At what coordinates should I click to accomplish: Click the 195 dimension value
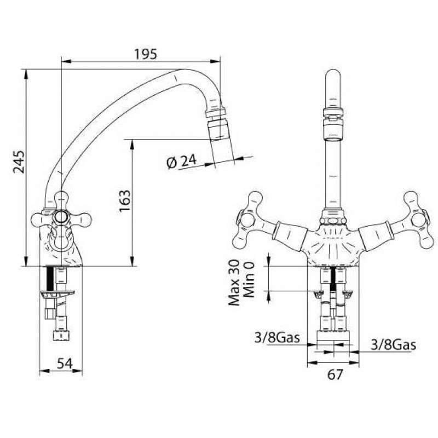tap(146, 54)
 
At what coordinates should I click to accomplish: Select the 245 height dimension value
tap(19, 162)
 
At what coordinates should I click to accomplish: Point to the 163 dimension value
tap(125, 201)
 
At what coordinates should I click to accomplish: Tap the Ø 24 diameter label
tap(182, 162)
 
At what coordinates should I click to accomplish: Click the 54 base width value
tap(65, 364)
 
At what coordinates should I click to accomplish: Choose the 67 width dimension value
tap(335, 374)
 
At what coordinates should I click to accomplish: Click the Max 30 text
tap(234, 283)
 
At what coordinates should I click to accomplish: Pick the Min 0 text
tap(249, 279)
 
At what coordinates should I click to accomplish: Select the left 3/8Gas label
tap(277, 337)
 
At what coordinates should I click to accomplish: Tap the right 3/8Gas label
tap(393, 345)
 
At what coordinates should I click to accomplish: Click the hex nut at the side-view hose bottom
tap(60, 335)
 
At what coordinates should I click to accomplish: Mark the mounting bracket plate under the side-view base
tap(57, 293)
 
